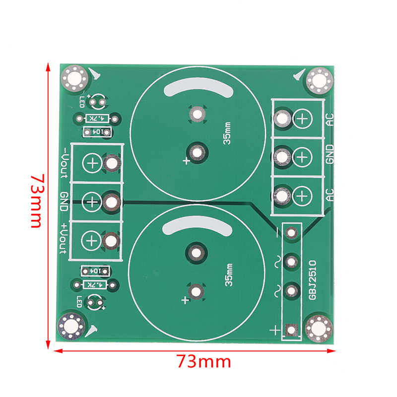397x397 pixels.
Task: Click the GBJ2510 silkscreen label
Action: click(313, 280)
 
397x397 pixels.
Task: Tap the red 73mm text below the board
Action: click(204, 362)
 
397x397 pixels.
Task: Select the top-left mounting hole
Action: click(74, 78)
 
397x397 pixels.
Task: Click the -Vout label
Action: click(65, 163)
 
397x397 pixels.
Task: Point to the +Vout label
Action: click(64, 238)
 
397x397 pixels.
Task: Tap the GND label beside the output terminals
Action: click(64, 201)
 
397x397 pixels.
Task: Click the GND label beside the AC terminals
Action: click(330, 154)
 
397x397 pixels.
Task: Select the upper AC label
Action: click(330, 120)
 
